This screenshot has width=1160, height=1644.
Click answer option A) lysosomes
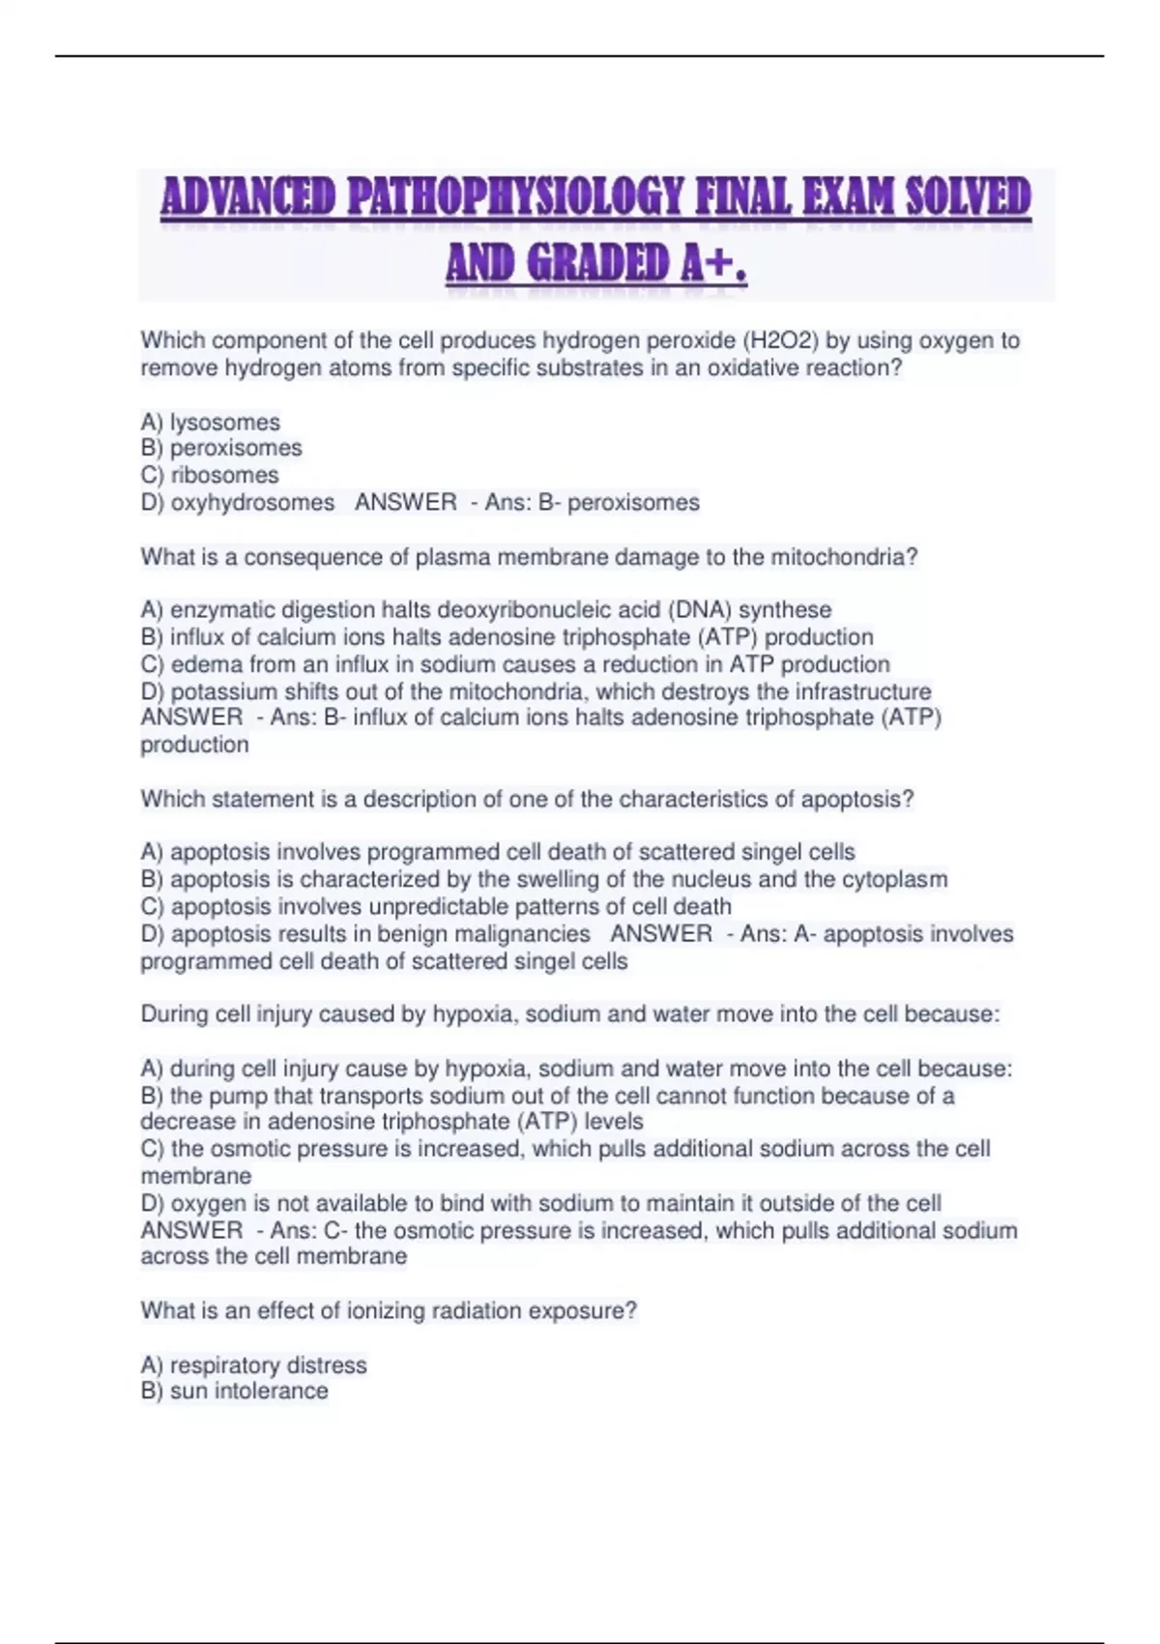point(211,423)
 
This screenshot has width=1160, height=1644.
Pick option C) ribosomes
point(210,475)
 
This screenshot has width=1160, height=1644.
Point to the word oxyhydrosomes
point(252,503)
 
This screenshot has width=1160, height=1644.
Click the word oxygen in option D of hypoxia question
point(209,1203)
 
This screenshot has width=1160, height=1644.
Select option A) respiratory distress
point(254,1365)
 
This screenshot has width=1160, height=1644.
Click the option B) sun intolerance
point(235,1392)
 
